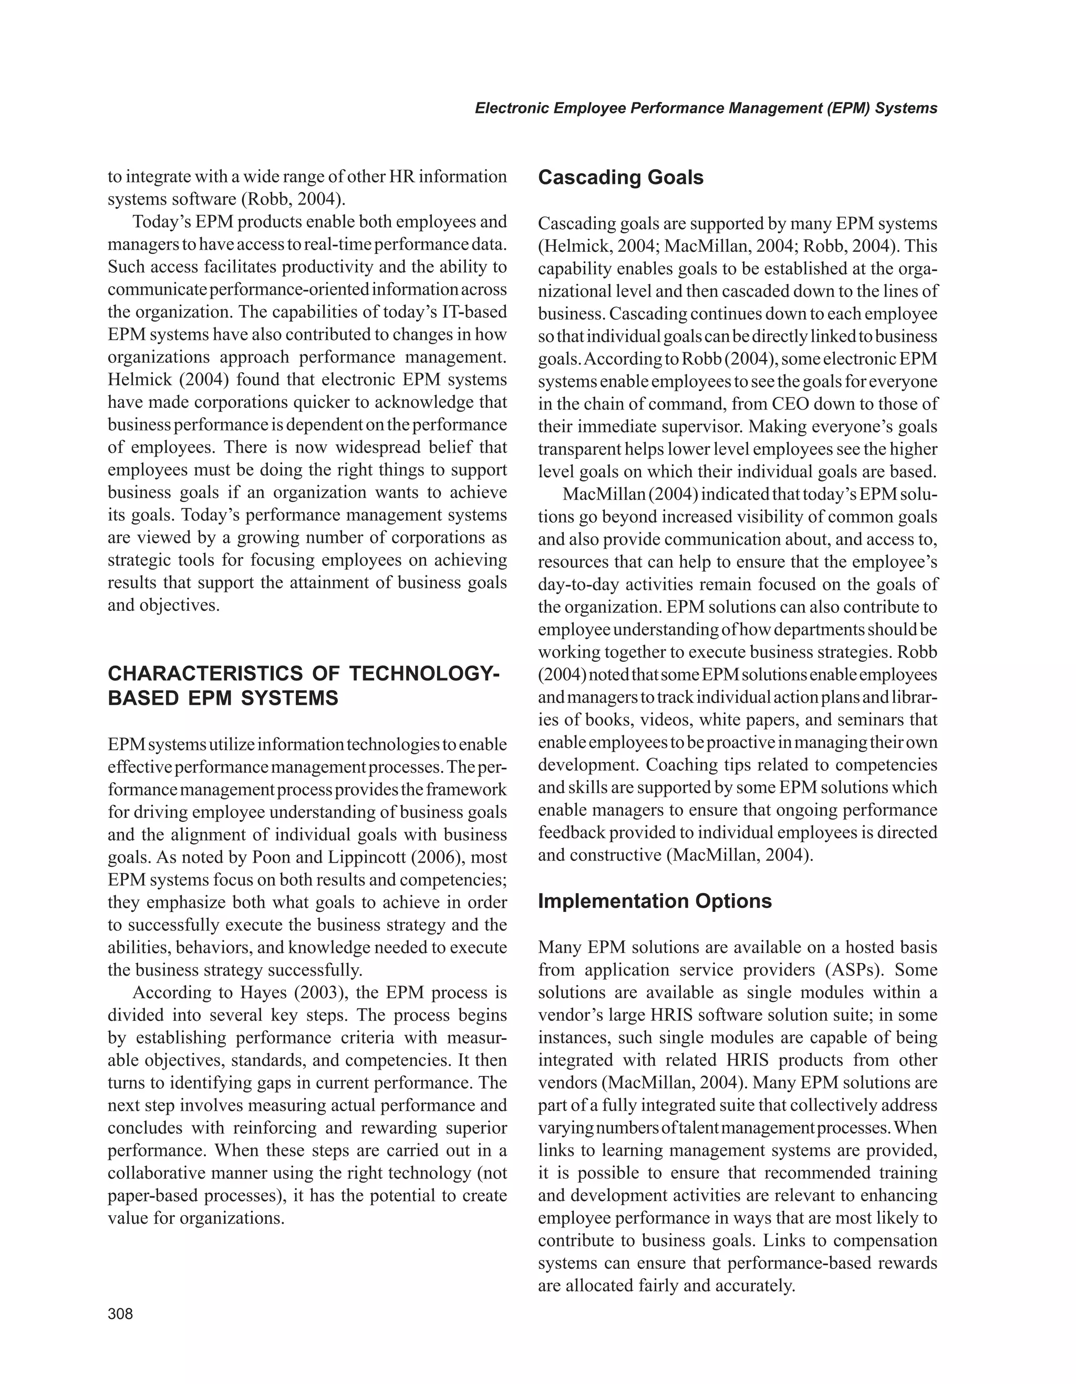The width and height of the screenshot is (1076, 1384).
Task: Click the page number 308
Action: (x=120, y=1314)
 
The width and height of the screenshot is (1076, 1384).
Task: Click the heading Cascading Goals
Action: (x=620, y=178)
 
